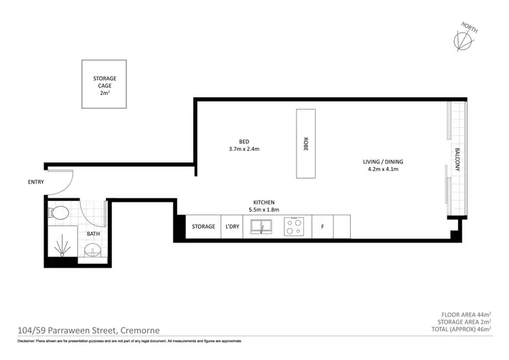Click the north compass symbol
(x=464, y=39)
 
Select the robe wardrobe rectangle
(x=306, y=143)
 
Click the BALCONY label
(x=458, y=160)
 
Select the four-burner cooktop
(x=295, y=226)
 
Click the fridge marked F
(x=323, y=227)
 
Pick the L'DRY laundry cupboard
(x=232, y=227)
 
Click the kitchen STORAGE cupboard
(x=204, y=227)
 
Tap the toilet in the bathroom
(x=58, y=213)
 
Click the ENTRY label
(x=36, y=182)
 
